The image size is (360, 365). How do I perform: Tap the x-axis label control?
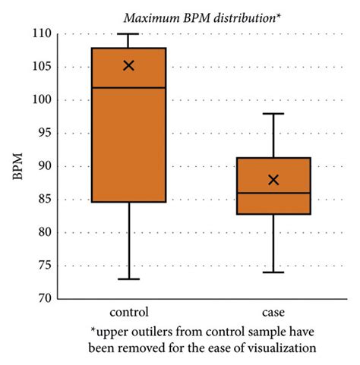pyautogui.click(x=128, y=312)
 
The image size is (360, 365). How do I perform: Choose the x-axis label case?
pyautogui.click(x=273, y=312)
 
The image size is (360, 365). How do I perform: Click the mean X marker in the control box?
pyautogui.click(x=128, y=65)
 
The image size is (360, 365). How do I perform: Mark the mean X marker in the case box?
pyautogui.click(x=273, y=180)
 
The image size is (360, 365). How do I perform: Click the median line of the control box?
pyautogui.click(x=128, y=88)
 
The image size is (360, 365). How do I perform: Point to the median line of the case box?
pyautogui.click(x=273, y=193)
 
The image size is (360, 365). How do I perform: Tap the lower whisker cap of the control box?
pyautogui.click(x=128, y=278)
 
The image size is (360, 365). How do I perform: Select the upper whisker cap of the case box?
pyautogui.click(x=273, y=113)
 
